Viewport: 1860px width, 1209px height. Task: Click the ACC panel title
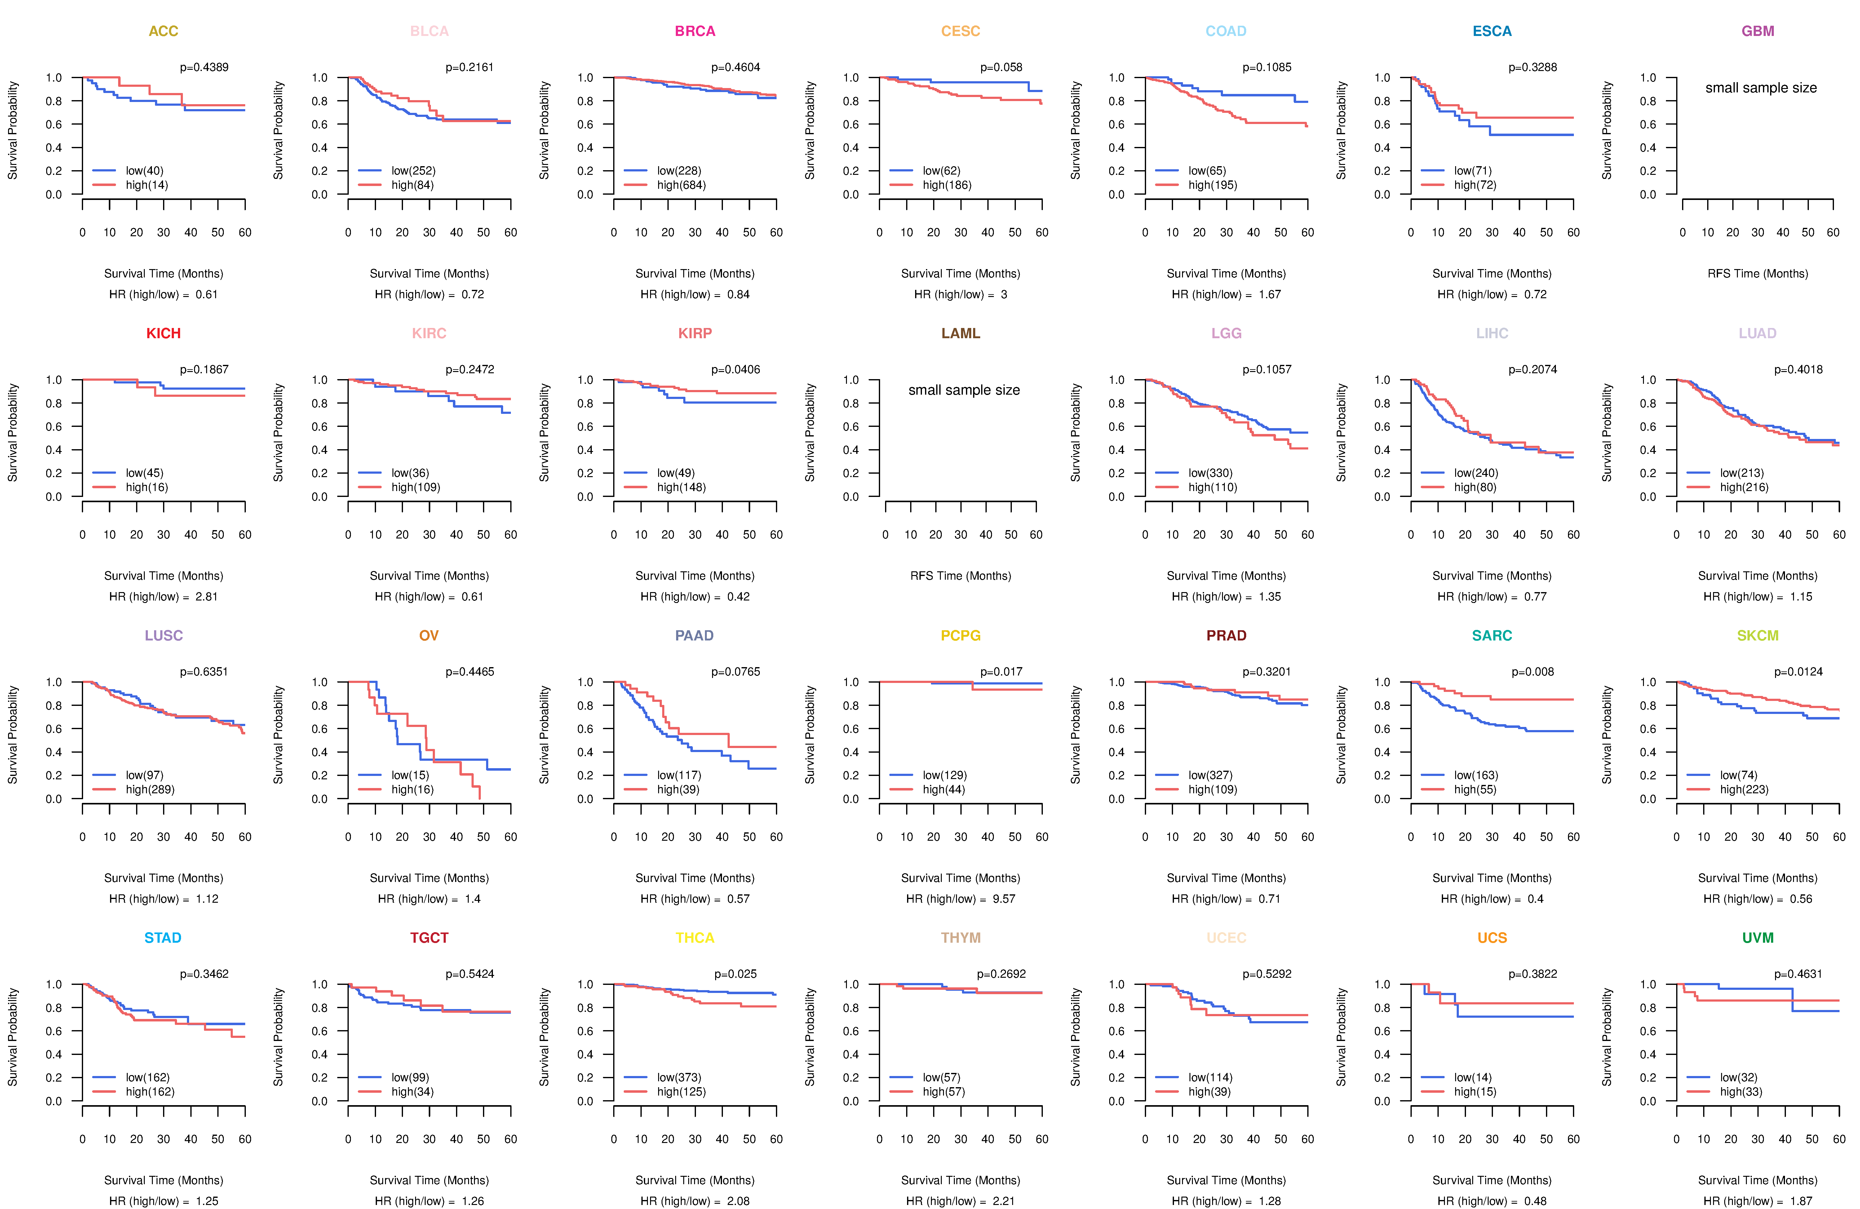pos(163,31)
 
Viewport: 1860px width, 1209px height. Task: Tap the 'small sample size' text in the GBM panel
pos(1761,87)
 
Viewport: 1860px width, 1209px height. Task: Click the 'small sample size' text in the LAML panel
pos(963,390)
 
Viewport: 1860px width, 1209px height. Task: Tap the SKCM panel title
pos(1758,635)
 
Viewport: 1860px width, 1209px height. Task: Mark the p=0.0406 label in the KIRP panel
pos(735,370)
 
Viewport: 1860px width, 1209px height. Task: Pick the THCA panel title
pos(695,938)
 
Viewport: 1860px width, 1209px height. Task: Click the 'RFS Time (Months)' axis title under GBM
pos(1758,273)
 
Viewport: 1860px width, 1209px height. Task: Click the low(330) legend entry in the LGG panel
pos(1211,473)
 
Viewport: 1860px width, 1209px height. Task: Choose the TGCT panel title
pos(429,938)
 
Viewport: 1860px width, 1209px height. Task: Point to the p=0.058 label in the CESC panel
pos(1001,67)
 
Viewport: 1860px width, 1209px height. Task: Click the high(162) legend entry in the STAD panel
pos(150,1092)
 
